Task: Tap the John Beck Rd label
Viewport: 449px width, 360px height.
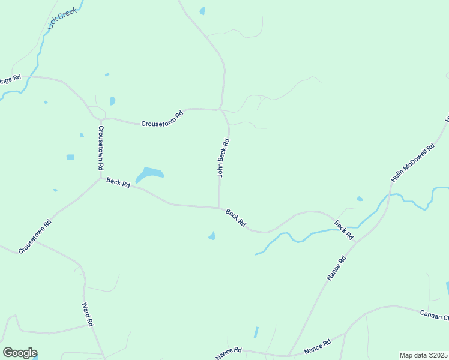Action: point(223,158)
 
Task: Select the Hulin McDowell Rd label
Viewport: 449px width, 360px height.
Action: point(412,163)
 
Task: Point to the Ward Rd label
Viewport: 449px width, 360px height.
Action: point(88,314)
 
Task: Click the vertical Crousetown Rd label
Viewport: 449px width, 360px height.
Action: point(101,147)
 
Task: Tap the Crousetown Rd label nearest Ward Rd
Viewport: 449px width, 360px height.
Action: point(35,236)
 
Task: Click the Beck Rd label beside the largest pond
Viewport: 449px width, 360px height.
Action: point(118,182)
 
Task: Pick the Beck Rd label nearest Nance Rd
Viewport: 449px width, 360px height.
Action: point(344,230)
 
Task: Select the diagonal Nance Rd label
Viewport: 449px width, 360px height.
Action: point(337,269)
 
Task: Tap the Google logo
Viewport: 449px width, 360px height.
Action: point(20,353)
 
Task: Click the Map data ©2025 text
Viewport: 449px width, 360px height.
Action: point(424,355)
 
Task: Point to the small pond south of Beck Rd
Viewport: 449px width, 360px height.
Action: point(212,236)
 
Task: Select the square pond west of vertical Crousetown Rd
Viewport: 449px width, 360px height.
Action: point(70,157)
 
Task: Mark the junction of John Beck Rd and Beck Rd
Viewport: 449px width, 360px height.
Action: point(220,208)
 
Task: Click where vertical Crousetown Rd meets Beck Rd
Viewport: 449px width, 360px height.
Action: point(100,178)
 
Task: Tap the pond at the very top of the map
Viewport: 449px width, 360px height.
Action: point(202,11)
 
